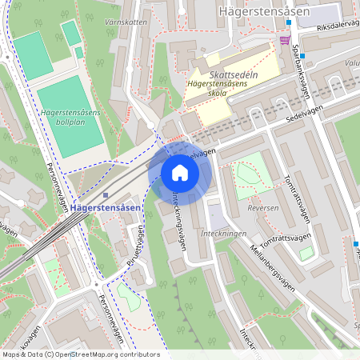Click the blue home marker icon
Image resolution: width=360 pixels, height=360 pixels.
180,173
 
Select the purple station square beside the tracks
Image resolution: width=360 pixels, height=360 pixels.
106,194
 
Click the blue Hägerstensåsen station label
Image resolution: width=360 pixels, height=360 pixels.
106,208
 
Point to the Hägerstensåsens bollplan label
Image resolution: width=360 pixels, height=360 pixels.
70,119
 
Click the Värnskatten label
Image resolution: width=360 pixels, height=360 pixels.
126,22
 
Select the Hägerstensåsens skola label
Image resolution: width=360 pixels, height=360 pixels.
216,88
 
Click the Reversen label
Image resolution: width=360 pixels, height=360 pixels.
261,206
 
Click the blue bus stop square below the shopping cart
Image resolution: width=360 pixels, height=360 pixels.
289,46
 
